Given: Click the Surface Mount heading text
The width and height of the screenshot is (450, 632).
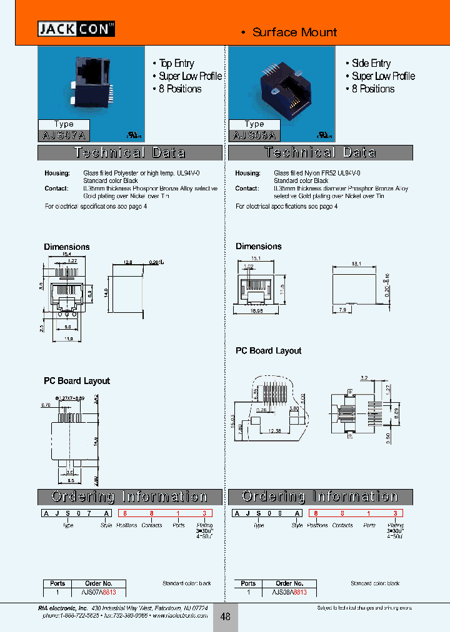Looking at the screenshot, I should (294, 32).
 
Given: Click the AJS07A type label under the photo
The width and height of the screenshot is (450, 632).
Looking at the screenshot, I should (64, 134).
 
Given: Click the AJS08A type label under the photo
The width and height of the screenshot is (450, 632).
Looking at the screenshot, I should (254, 134).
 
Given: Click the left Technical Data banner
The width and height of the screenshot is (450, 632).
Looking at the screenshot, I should (130, 153).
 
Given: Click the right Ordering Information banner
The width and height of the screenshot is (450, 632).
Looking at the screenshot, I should (320, 496).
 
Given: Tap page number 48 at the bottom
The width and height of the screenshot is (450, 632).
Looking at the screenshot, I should (225, 616).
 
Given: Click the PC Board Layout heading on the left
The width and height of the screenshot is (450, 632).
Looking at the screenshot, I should (76, 381).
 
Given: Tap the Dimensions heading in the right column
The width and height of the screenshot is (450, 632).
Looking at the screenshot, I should (258, 247).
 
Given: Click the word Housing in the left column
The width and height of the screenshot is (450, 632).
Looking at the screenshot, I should (56, 173).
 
